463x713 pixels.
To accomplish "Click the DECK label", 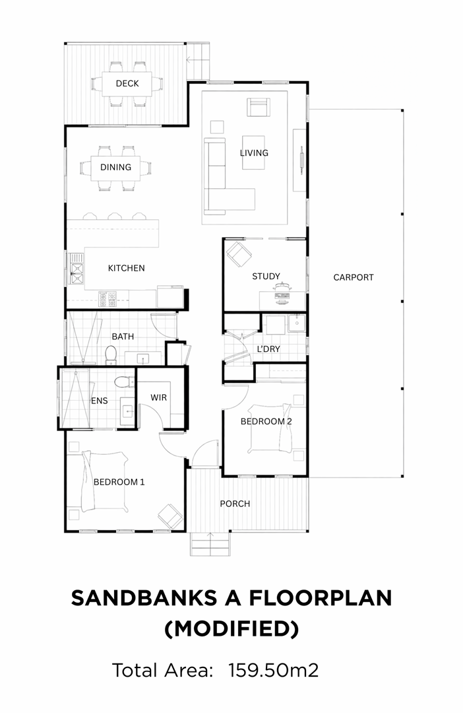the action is [127, 83].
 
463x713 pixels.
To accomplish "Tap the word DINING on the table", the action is [115, 167].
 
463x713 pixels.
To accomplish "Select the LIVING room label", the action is [254, 153].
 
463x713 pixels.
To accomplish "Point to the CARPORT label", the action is [353, 277].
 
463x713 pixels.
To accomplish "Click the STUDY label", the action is [266, 276].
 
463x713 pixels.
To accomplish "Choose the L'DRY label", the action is [268, 349].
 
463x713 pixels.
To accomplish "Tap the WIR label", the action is [158, 397].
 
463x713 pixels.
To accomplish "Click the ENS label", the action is [100, 401].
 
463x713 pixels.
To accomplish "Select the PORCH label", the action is [235, 504].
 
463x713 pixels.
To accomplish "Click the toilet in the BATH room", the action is [111, 355].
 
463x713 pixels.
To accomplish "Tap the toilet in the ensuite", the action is [122, 381].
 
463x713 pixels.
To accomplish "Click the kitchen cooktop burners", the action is [108, 299].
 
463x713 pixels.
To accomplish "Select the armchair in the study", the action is [238, 254].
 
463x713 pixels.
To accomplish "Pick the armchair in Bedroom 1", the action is [170, 516].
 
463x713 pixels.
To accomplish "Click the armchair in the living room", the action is [259, 108].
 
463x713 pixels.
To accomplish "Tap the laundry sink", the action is [297, 323].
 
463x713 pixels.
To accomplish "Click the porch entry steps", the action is [210, 543].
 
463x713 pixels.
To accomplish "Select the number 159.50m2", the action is [273, 670].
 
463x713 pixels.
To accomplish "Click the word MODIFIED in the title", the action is [231, 629].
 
